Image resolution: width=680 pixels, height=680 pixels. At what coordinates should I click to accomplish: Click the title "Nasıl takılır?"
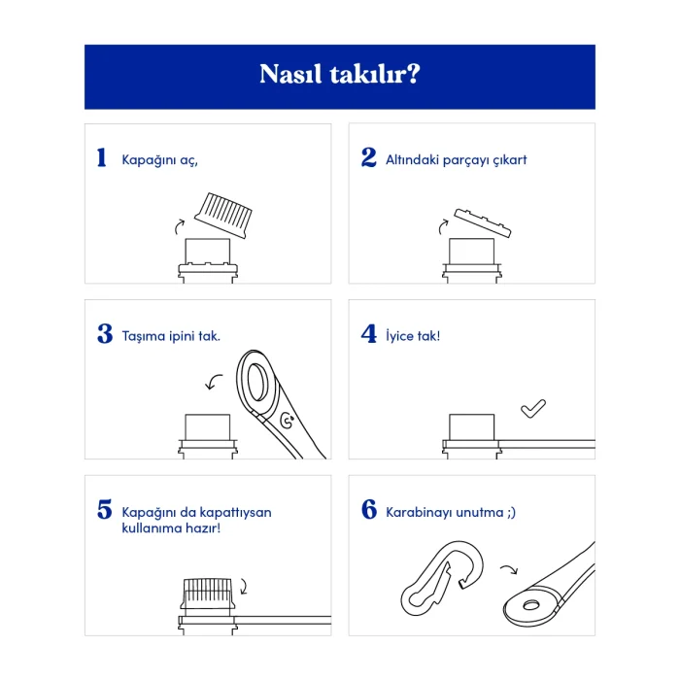coord(340,74)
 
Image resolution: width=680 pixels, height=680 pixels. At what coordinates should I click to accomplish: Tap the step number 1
coord(101,157)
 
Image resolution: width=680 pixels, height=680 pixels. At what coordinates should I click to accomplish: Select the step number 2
coord(368,157)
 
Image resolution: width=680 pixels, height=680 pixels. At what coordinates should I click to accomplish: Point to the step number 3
coord(105,333)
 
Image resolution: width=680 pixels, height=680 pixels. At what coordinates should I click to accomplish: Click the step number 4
coord(368,333)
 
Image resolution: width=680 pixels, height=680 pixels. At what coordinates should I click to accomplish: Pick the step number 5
coord(105,509)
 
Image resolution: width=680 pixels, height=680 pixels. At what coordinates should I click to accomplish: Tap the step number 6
coord(369,509)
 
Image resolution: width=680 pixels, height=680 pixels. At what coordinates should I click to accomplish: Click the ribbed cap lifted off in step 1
coord(223,215)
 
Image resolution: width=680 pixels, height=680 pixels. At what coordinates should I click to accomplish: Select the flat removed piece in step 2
coord(483,222)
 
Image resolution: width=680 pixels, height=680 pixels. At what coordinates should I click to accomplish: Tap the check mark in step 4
coord(533,408)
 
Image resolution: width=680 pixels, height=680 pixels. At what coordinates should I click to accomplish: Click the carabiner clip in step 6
coord(442,578)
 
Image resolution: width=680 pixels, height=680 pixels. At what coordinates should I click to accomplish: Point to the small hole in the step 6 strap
coord(530,604)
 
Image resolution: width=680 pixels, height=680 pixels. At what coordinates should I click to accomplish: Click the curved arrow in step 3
coord(213,382)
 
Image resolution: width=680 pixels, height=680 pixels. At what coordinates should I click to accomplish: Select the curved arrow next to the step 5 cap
coord(244,587)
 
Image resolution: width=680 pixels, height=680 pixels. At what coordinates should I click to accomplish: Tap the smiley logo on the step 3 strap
coord(288,420)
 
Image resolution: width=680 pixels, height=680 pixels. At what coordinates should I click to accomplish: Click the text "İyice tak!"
coord(413,336)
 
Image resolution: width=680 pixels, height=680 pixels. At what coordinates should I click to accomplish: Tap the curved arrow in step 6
coord(509,569)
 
